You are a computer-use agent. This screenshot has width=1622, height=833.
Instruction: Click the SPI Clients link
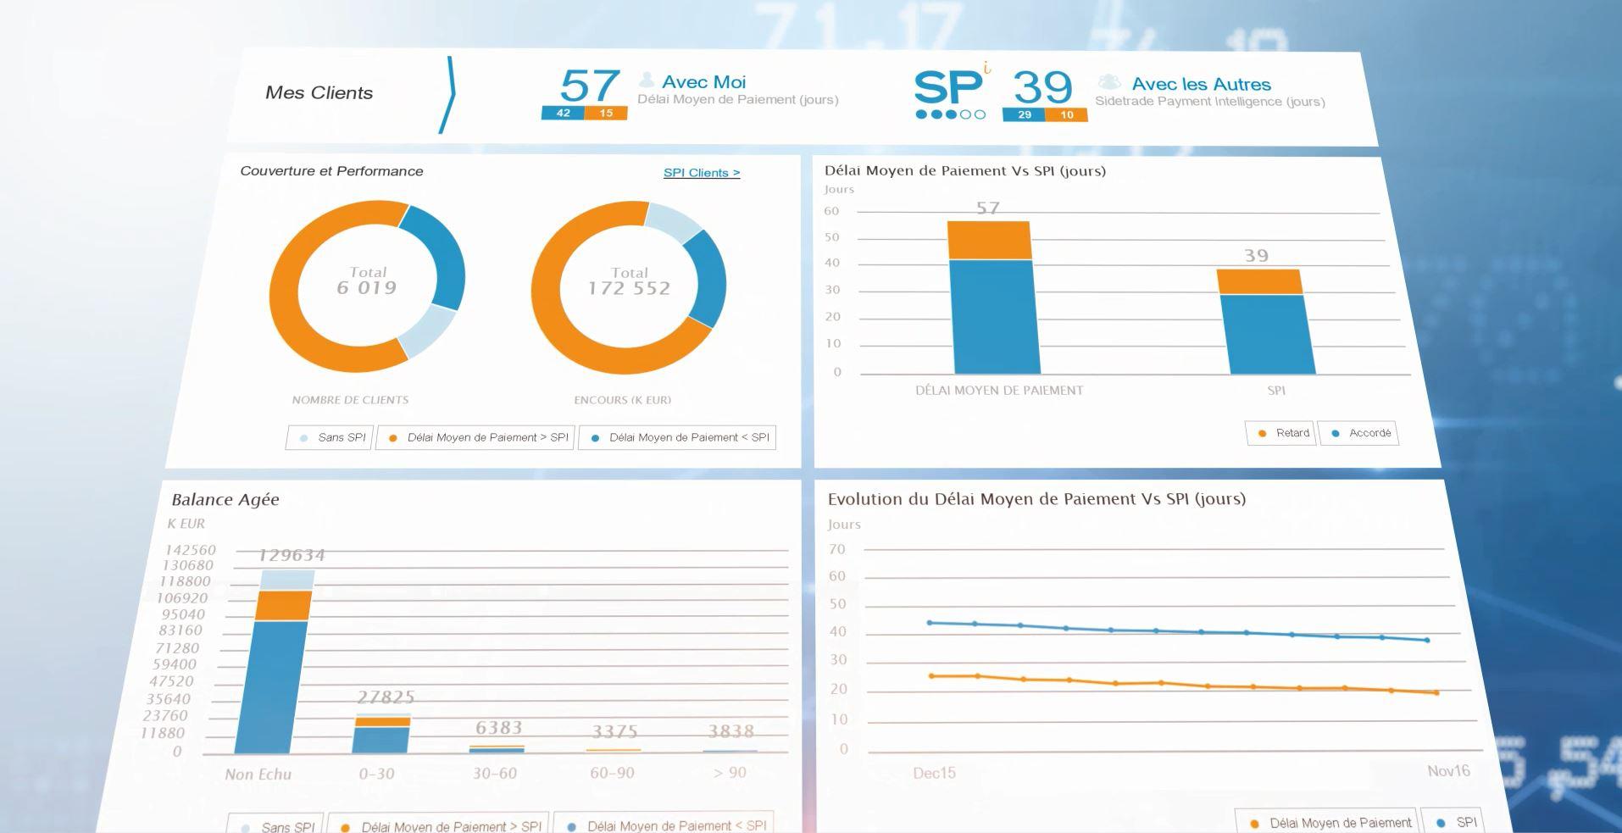tap(701, 173)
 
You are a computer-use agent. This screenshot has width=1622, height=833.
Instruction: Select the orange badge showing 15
tap(606, 114)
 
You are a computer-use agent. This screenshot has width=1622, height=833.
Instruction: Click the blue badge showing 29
tap(1024, 115)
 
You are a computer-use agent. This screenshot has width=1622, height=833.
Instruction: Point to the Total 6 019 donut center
tap(367, 281)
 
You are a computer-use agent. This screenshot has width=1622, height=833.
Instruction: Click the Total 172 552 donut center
tap(629, 282)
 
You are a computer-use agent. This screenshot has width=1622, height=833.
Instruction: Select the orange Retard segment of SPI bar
tap(1259, 282)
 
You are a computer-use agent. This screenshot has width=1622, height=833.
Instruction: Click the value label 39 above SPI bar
tap(1256, 255)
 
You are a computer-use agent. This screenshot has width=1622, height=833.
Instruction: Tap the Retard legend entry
tap(1281, 433)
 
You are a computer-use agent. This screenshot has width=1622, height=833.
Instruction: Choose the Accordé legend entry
tap(1359, 433)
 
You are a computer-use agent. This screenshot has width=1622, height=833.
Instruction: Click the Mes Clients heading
tap(319, 93)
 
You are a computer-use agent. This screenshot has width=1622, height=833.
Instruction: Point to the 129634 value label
tap(292, 555)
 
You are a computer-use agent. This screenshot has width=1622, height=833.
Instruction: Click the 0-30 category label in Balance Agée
tap(376, 774)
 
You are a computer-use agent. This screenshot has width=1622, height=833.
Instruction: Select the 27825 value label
tap(386, 697)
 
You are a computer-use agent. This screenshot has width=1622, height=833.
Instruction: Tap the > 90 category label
tap(730, 773)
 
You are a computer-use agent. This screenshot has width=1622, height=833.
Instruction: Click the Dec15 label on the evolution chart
tap(934, 773)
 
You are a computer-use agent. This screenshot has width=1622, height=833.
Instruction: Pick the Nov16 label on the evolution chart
tap(1448, 771)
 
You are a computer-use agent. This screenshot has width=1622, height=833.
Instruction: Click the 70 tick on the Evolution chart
tap(837, 549)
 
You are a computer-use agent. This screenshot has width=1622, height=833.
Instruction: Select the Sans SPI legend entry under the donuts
tap(331, 438)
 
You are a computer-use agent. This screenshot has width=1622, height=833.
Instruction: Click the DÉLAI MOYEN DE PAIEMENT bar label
tap(999, 391)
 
